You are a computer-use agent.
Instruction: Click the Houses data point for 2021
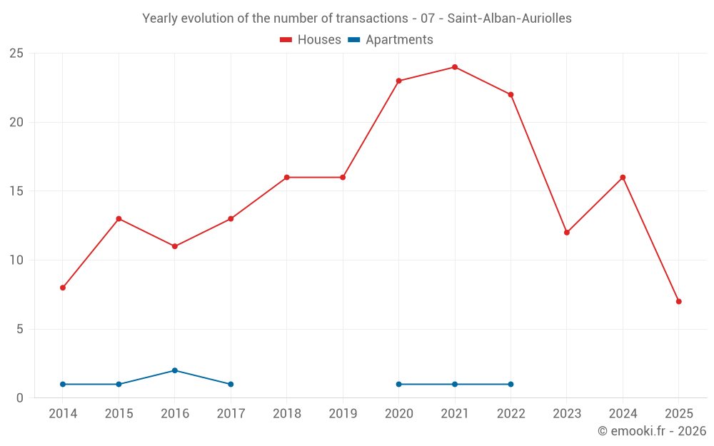455,67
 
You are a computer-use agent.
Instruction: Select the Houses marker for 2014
63,288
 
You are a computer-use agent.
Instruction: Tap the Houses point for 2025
678,301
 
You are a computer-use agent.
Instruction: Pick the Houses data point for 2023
567,233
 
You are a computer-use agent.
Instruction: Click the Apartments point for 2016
175,370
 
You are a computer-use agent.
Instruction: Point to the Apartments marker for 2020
398,384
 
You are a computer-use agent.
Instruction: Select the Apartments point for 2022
511,384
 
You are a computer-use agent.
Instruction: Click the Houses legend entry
311,40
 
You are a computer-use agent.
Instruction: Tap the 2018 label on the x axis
287,414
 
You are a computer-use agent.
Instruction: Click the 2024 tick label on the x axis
623,414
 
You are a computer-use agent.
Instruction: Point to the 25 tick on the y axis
16,54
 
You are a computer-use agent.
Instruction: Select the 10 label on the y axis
16,260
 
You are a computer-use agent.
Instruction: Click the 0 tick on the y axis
20,398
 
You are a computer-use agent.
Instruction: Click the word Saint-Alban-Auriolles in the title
509,19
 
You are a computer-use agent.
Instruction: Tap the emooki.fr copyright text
652,431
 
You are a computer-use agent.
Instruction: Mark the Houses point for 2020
398,81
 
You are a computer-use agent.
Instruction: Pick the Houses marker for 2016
175,246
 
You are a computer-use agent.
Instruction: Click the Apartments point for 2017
231,384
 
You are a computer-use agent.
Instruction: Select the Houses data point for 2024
623,177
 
